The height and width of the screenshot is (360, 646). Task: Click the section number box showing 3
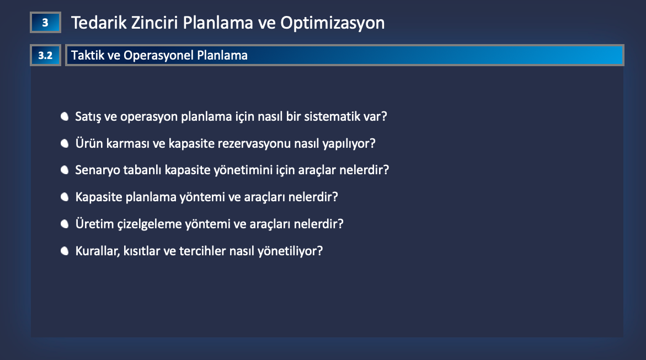(x=45, y=22)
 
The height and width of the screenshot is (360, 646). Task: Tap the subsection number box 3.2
(x=45, y=55)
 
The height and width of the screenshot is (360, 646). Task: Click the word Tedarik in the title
(x=99, y=23)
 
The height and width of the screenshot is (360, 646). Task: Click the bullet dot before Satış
(x=65, y=116)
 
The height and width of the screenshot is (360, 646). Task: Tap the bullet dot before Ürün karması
(x=65, y=143)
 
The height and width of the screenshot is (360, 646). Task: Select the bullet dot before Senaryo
(x=65, y=170)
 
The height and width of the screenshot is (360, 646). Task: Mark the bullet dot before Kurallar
(x=65, y=251)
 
